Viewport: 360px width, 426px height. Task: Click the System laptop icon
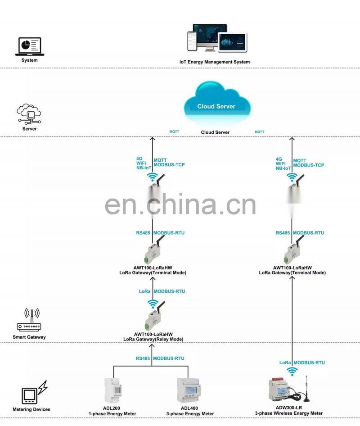click(30, 46)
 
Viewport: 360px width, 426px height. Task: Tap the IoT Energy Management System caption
click(215, 62)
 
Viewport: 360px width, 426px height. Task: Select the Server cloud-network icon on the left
click(29, 114)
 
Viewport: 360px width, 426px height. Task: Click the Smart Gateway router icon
click(29, 320)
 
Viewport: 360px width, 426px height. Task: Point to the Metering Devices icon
click(34, 392)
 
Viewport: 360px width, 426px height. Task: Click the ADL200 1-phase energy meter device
click(113, 390)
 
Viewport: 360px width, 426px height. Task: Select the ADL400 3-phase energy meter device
click(189, 390)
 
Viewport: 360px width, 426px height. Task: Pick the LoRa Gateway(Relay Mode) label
click(153, 340)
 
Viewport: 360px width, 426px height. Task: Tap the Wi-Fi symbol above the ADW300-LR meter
click(292, 372)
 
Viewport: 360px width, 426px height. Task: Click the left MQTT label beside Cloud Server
click(174, 131)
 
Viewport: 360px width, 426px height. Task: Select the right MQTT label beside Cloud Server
click(260, 132)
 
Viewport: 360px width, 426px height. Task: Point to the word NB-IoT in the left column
click(144, 168)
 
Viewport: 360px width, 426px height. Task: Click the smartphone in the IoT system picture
click(192, 41)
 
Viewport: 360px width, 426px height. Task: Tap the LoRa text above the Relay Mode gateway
click(144, 291)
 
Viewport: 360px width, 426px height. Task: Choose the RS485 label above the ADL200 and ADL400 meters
click(143, 358)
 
